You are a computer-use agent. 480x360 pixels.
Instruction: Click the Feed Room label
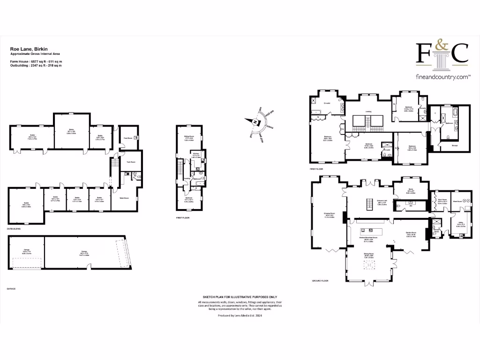coord(127,138)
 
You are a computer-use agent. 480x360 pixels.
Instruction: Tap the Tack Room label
coord(131,162)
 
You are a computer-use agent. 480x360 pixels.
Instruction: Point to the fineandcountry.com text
coord(442,76)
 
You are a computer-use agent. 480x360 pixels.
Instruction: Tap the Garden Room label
coord(412,232)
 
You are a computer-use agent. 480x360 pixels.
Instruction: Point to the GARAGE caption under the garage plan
coord(11,289)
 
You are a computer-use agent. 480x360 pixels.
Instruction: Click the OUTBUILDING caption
coord(15,229)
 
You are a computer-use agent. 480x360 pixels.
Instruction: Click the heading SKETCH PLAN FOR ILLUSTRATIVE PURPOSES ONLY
coord(240,297)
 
